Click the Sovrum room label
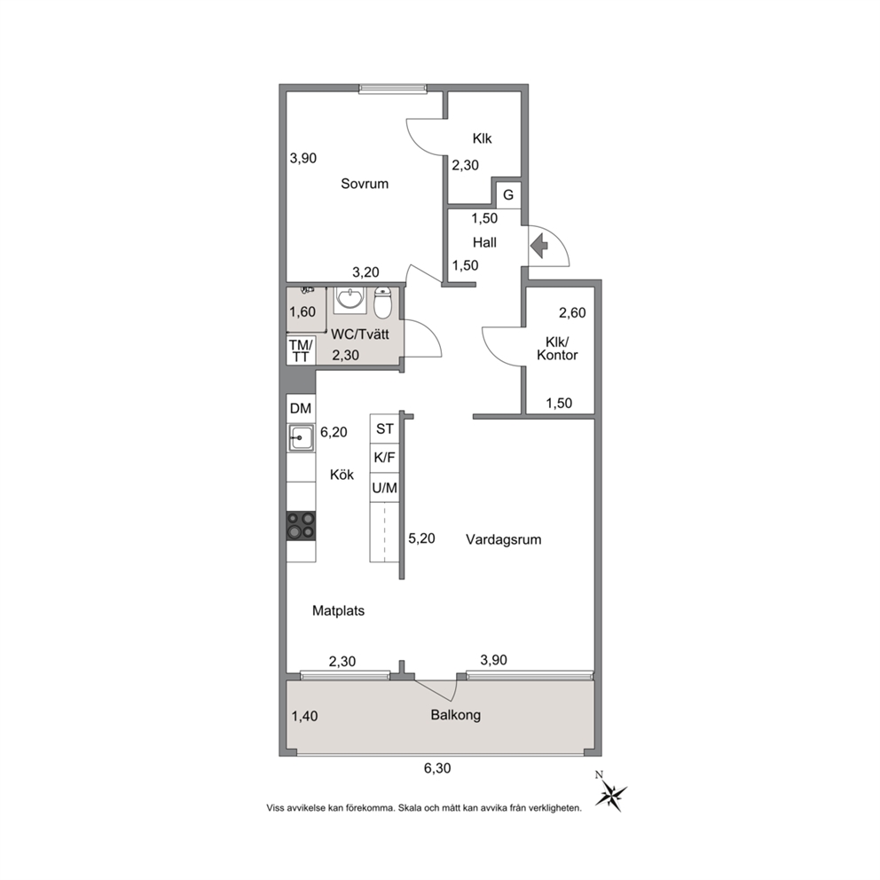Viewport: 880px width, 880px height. (365, 184)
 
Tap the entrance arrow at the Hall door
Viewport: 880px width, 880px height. (539, 246)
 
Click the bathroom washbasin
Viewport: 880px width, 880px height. (350, 300)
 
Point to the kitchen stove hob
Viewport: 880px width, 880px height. (301, 526)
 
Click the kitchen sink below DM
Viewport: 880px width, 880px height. (301, 437)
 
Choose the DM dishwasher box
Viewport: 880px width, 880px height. (301, 409)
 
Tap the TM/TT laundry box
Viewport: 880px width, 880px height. (301, 350)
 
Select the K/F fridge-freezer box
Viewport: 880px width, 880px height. (384, 458)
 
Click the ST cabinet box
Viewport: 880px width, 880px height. (384, 428)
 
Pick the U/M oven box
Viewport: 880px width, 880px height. (384, 488)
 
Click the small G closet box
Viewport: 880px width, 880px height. (508, 195)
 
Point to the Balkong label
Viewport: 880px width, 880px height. (456, 715)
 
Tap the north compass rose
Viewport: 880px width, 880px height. (610, 795)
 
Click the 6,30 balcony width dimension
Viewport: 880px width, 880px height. (437, 768)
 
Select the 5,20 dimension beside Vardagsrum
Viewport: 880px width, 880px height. (421, 538)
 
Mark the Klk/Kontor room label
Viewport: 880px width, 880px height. (557, 349)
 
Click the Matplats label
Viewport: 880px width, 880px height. (338, 610)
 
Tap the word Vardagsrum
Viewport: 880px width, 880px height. (503, 540)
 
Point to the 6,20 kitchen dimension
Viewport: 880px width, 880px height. (334, 432)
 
